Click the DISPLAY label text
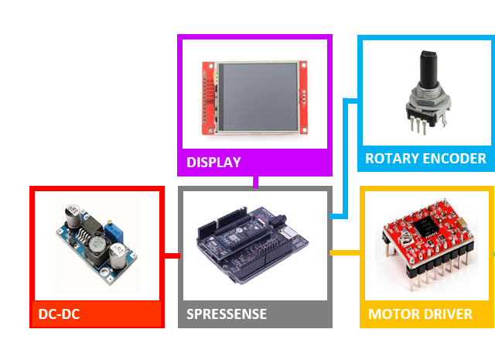coord(213,163)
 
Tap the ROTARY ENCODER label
coord(425,159)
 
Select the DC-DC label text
coord(59,314)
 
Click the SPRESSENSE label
coord(227,314)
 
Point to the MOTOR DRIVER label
coord(420,314)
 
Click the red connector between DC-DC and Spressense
coord(172,255)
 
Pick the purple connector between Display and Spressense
coord(255,181)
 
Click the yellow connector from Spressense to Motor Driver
coord(346,252)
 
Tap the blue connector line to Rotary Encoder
coord(345,155)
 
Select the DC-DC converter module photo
coord(96,239)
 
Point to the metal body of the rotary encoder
coord(424,101)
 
